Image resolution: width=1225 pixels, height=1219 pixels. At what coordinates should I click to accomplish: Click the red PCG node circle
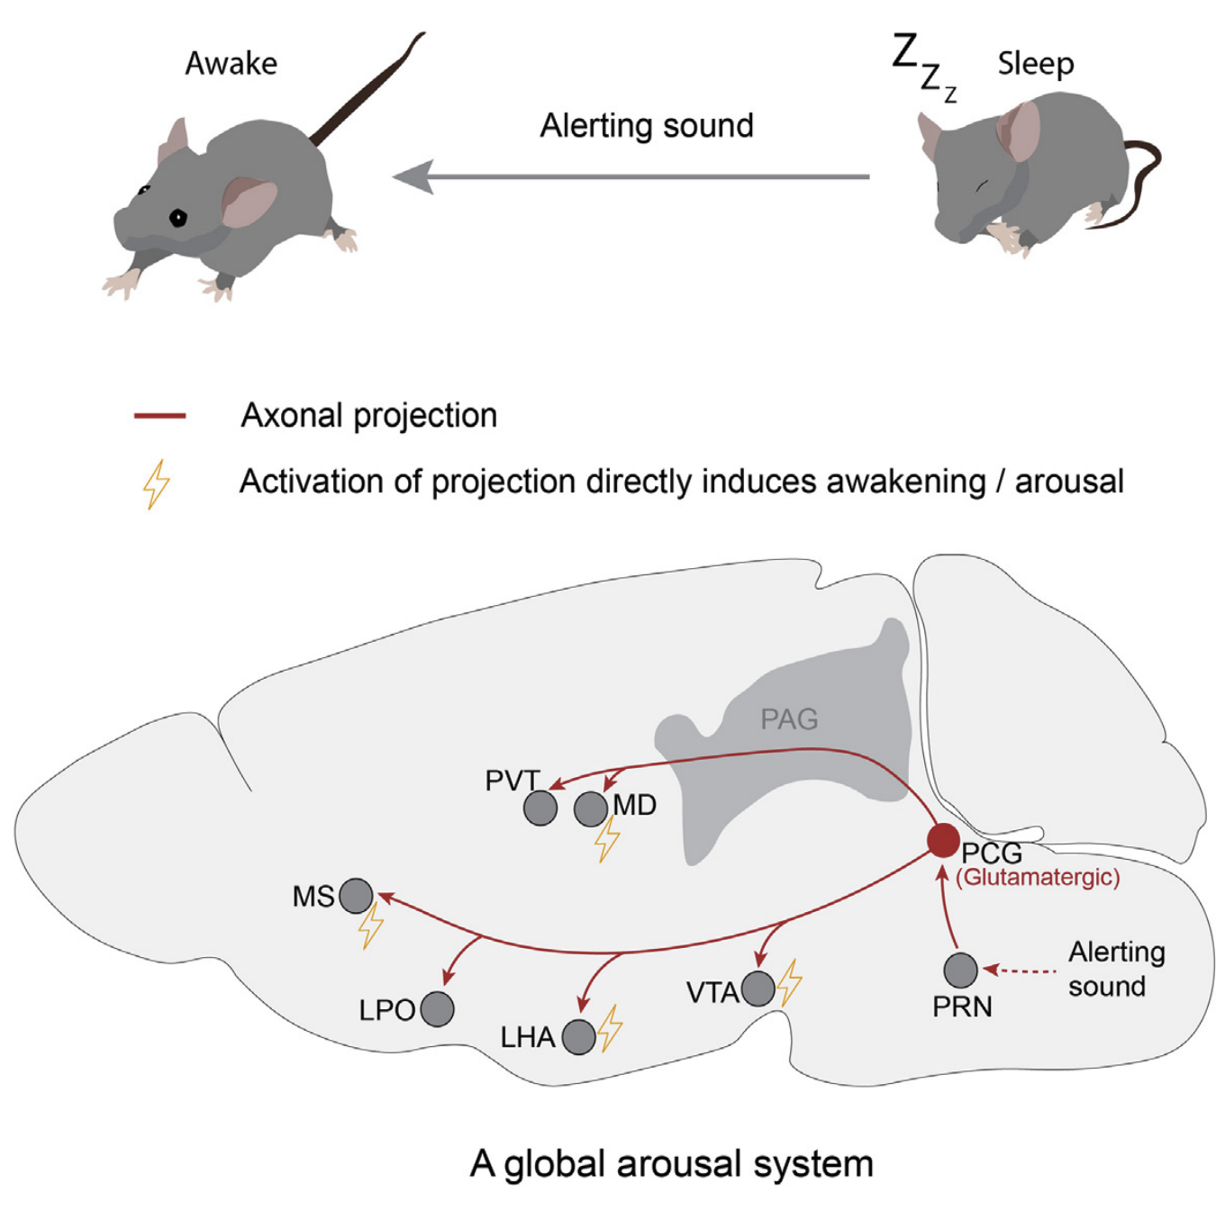coord(943,839)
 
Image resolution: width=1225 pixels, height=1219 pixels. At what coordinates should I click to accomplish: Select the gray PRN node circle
coord(961,970)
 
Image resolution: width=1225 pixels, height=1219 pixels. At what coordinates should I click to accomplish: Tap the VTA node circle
coord(758,988)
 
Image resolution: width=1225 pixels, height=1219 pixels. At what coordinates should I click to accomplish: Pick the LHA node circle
coord(578,1036)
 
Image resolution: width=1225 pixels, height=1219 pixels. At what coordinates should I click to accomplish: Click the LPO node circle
coord(437,1008)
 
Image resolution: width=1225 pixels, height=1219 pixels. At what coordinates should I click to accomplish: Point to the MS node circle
coord(356,896)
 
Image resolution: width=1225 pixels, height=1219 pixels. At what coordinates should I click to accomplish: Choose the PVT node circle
coord(540,808)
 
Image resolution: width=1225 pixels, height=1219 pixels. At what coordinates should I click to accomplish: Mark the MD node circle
coord(591,808)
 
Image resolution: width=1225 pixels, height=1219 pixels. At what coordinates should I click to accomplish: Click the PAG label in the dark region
coord(789,719)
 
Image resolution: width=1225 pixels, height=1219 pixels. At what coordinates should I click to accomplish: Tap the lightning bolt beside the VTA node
coord(790,982)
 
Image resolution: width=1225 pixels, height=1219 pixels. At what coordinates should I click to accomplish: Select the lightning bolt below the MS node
coord(370,926)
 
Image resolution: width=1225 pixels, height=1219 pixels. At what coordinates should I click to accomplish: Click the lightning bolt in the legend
coord(157,484)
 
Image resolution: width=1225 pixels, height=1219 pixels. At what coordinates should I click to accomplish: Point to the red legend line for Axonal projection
coord(159,416)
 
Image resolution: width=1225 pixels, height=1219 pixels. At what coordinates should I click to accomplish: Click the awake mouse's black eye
coord(178,217)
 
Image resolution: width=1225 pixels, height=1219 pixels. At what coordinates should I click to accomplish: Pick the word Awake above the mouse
coord(231,64)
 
